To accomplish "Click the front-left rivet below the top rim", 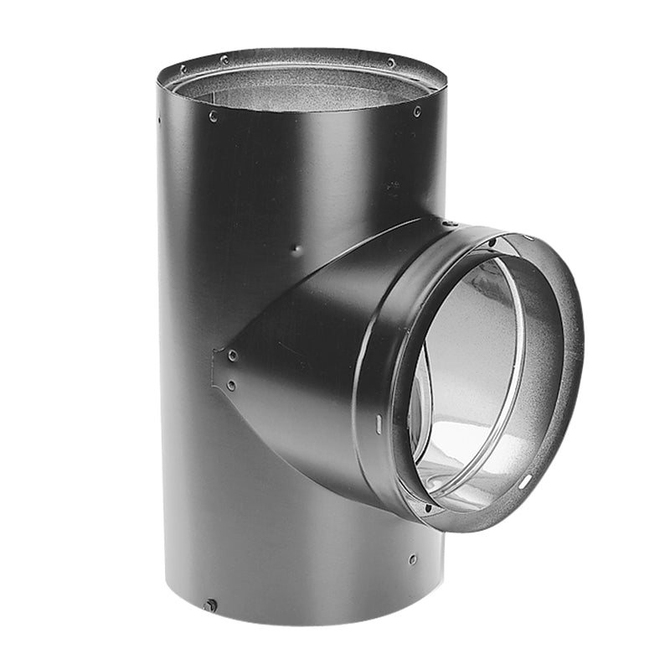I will point(213,117).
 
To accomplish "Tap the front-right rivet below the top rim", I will point(417,112).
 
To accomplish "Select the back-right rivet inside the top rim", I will point(390,62).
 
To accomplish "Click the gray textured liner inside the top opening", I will point(301,88).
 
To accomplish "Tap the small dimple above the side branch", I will point(294,248).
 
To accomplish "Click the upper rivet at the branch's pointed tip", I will point(232,356).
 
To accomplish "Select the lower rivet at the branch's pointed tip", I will point(230,386).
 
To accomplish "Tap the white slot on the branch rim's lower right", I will point(527,481).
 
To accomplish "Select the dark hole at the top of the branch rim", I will point(492,242).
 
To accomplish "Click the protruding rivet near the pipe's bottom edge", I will point(210,605).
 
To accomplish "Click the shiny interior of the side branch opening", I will point(469,377).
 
